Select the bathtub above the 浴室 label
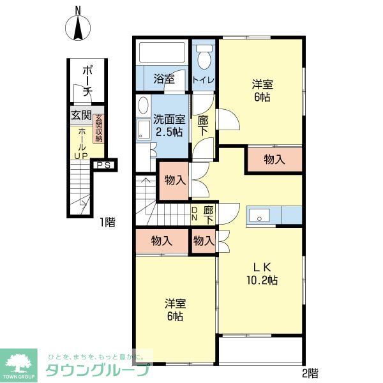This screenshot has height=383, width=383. tap(161, 52)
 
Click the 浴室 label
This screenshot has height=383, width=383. tap(163, 80)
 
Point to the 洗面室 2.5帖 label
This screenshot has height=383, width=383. tap(168, 124)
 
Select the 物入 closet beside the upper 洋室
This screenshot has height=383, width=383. tap(274, 160)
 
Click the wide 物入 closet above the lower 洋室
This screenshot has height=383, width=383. tap(162, 241)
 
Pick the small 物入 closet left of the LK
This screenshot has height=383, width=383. tap(203, 241)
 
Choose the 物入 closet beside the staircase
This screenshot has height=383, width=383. tap(174, 180)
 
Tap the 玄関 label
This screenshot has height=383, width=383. tap(81, 116)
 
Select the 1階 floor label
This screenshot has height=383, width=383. tap(107, 223)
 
